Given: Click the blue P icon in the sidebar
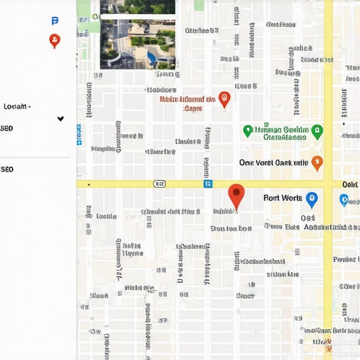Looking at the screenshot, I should (x=56, y=22).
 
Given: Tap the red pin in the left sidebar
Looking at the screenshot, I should (x=54, y=40).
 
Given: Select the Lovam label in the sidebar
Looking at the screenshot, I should (x=17, y=106).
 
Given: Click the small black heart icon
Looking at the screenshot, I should (x=60, y=119).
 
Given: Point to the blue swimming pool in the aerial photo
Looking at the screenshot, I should (x=151, y=56).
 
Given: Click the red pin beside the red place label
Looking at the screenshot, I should (x=224, y=99).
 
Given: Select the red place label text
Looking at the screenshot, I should (x=187, y=104).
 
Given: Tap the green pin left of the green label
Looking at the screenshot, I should (x=247, y=131).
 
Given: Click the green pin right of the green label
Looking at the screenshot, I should (x=317, y=131).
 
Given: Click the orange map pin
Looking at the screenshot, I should (x=317, y=162).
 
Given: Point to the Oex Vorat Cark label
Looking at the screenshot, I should (x=274, y=162).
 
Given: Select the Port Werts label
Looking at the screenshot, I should (x=282, y=198).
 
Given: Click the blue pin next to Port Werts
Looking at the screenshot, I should (x=311, y=199).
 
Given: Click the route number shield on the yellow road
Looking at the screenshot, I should (x=160, y=184).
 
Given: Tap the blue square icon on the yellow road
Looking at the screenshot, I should (x=208, y=184).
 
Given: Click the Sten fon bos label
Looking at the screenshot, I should (x=231, y=229).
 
